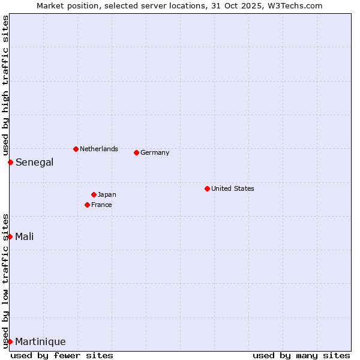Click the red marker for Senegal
point(10,162)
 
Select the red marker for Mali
point(10,236)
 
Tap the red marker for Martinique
point(10,341)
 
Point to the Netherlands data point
point(76,149)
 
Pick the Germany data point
point(136,152)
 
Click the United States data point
point(207,188)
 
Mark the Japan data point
point(94,194)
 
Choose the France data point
point(87,205)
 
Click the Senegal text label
point(34,162)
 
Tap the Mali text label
point(25,236)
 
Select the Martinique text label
point(40,342)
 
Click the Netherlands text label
point(99,149)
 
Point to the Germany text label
point(155,152)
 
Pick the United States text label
point(233,188)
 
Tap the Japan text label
point(107,194)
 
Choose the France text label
point(101,205)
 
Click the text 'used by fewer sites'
point(62,355)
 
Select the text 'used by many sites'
point(301,355)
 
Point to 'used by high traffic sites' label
point(5,85)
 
